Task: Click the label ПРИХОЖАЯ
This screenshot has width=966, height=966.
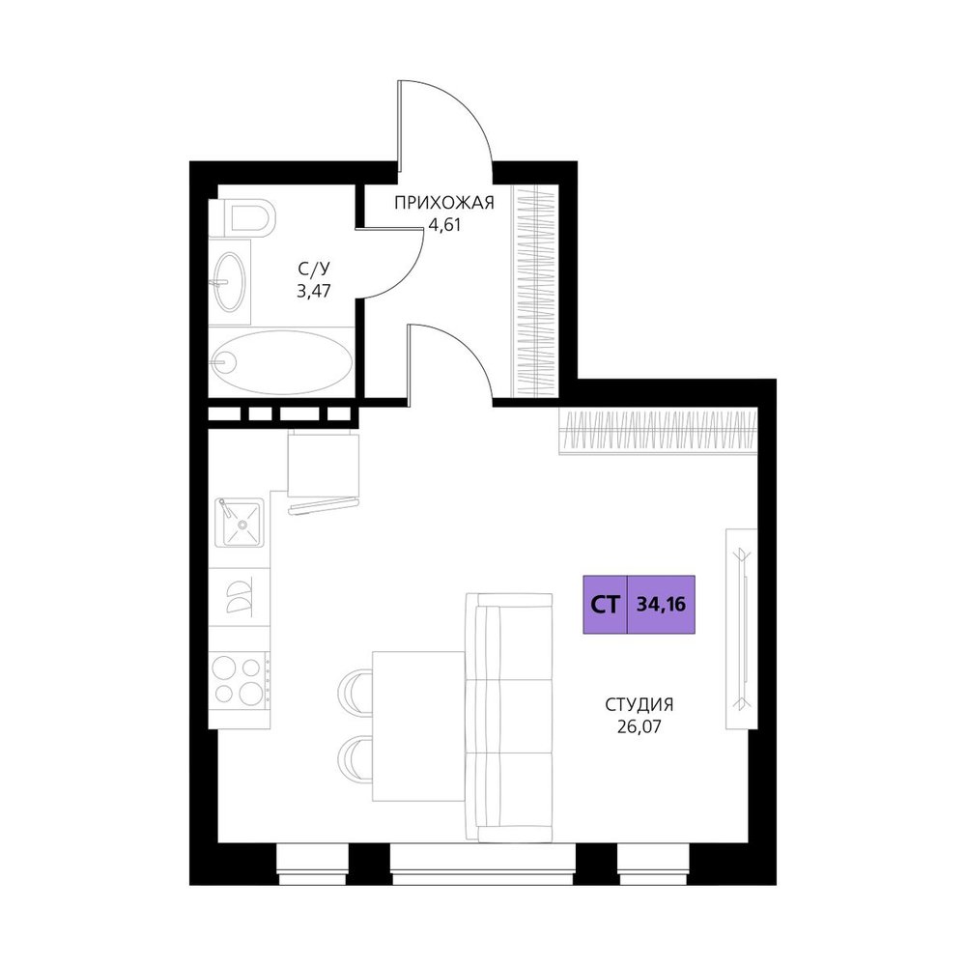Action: click(x=444, y=203)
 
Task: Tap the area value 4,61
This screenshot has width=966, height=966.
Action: click(x=444, y=225)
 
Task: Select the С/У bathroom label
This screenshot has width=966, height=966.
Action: click(x=314, y=269)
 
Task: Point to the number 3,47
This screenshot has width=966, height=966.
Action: click(x=314, y=291)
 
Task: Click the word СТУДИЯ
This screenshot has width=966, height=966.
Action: click(x=639, y=704)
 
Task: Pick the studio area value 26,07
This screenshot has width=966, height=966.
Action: click(x=639, y=727)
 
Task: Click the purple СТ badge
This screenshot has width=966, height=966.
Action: click(x=605, y=605)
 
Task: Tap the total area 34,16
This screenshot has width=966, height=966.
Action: click(x=661, y=605)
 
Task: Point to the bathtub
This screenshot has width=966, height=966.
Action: click(x=281, y=362)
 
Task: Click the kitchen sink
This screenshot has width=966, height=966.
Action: click(x=239, y=523)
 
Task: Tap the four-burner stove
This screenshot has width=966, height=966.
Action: click(x=239, y=681)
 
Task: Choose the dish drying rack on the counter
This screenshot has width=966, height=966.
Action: click(x=239, y=596)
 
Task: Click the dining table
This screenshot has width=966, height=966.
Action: click(x=418, y=726)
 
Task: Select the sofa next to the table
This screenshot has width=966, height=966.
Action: click(x=509, y=717)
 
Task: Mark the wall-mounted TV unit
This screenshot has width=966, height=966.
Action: click(x=742, y=629)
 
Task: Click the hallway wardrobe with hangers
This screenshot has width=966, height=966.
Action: click(x=535, y=290)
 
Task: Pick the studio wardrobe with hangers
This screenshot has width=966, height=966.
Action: click(x=658, y=431)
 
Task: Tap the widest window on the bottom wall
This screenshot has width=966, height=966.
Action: click(x=482, y=864)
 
